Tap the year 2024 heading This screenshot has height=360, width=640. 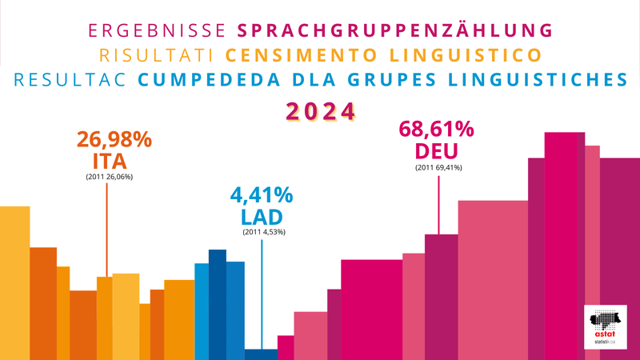[x=320, y=111]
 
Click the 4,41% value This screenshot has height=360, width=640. [x=262, y=195]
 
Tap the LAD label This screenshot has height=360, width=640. [x=262, y=216]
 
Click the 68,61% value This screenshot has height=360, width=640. [x=436, y=130]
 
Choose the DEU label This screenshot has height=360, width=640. [x=437, y=150]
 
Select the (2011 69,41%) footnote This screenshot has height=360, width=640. [x=438, y=167]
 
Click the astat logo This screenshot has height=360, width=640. [x=607, y=326]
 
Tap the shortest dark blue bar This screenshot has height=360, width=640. [x=262, y=354]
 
